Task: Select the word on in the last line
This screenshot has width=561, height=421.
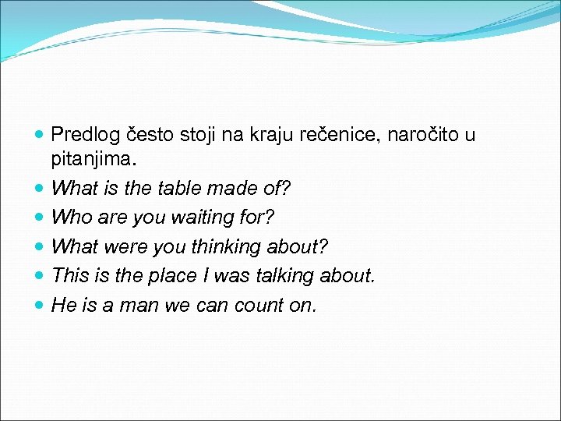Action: click(x=302, y=305)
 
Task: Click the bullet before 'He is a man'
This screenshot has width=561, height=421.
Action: click(x=41, y=306)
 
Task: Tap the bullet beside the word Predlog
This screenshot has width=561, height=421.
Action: click(x=41, y=136)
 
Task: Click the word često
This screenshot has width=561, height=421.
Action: click(x=148, y=136)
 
